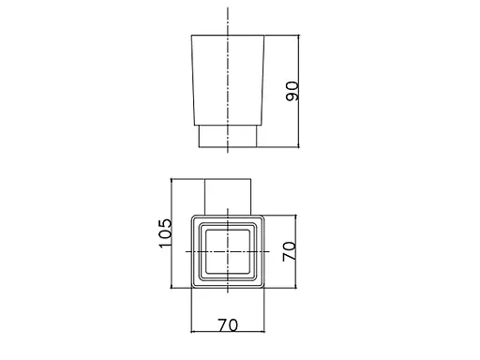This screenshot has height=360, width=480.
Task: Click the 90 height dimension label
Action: [x=292, y=91]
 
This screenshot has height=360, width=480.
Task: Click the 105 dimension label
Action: [x=165, y=233]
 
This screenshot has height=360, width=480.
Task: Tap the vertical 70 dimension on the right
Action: [x=289, y=251]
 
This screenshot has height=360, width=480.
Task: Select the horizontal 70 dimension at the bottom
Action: [x=228, y=325]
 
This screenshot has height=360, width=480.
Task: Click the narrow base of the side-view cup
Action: [x=228, y=136]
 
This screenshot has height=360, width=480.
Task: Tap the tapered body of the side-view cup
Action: [x=228, y=81]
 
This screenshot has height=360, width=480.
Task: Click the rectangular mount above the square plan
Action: [x=228, y=197]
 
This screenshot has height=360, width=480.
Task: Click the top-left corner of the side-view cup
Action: [x=191, y=36]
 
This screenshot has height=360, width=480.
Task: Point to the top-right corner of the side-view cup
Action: [x=264, y=36]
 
